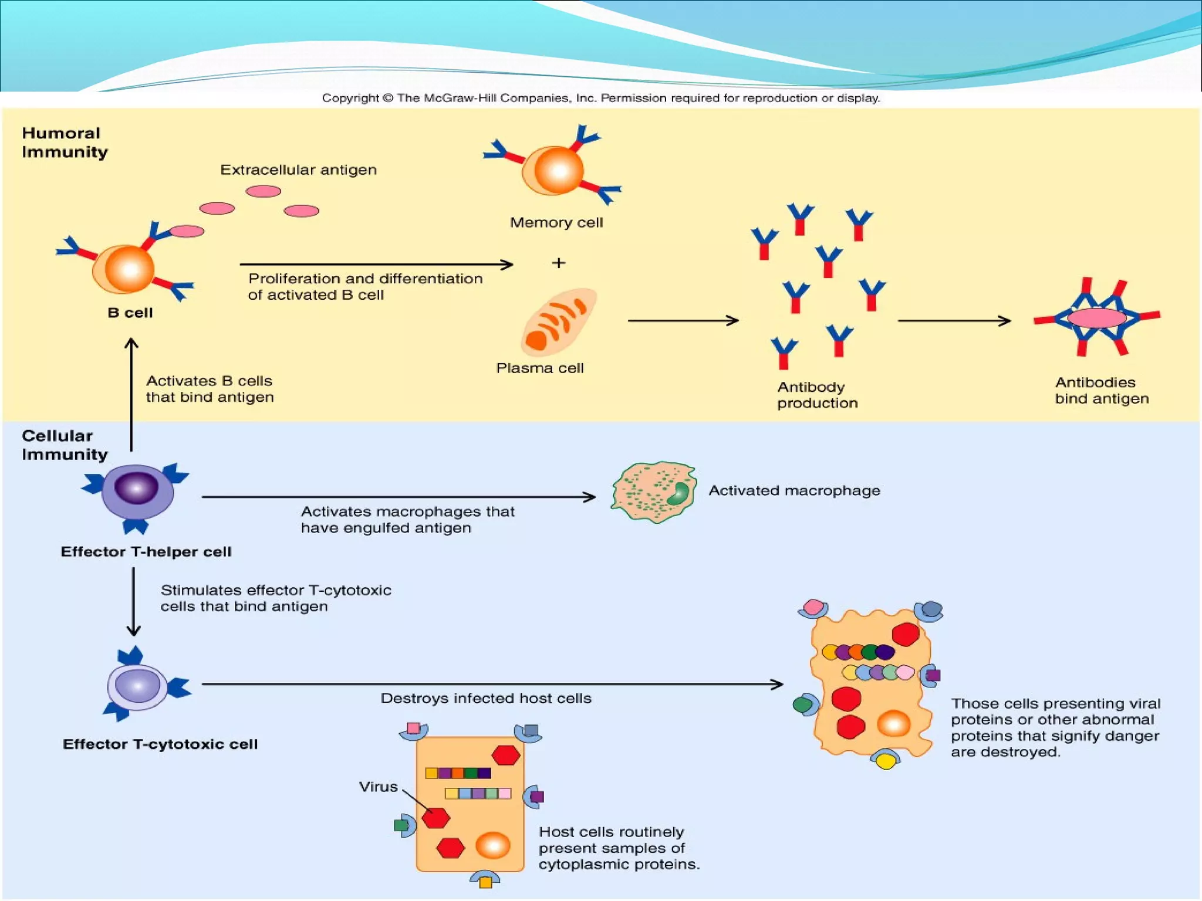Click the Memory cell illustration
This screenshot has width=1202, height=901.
click(x=553, y=170)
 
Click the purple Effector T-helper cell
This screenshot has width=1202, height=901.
click(x=137, y=492)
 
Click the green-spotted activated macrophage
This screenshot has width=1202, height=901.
click(x=653, y=492)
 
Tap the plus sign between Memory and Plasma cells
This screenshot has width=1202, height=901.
click(x=558, y=263)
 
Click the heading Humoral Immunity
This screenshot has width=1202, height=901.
click(x=65, y=143)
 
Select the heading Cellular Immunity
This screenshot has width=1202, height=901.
click(x=65, y=445)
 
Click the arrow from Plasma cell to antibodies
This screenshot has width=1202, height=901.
click(x=683, y=321)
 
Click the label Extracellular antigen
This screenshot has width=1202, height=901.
click(x=298, y=170)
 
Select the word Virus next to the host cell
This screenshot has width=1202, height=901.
click(x=378, y=787)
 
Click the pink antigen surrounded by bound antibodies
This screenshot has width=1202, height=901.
click(x=1096, y=318)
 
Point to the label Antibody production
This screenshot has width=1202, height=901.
click(x=817, y=395)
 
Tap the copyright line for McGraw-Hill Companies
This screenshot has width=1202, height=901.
click(x=600, y=98)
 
